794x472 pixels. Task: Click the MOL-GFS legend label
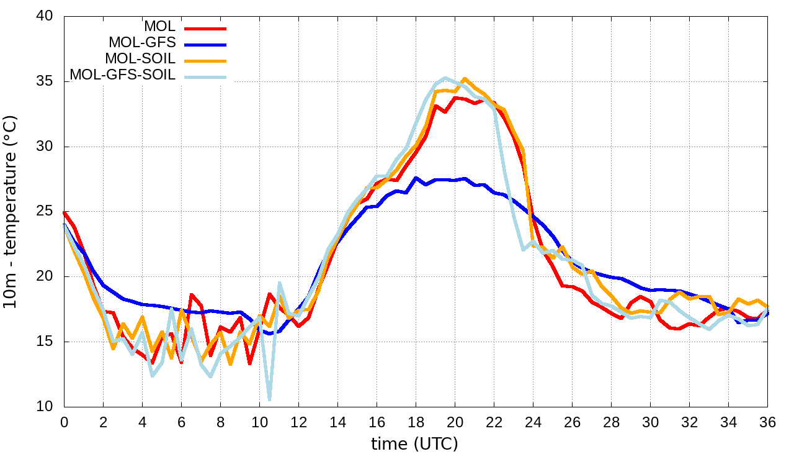click(142, 43)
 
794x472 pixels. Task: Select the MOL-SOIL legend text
click(140, 59)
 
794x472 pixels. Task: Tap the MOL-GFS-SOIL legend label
click(123, 75)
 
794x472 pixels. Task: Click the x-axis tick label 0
click(64, 422)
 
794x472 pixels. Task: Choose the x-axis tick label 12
click(298, 422)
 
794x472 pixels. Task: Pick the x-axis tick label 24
click(533, 422)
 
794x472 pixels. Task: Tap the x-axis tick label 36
click(767, 422)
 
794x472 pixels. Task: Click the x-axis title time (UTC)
click(414, 445)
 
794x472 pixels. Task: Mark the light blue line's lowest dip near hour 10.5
click(269, 399)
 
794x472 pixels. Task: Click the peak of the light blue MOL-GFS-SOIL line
click(445, 78)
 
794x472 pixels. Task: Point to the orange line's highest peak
click(465, 79)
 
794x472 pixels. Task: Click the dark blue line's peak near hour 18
click(416, 178)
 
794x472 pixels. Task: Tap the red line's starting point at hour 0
click(65, 212)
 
